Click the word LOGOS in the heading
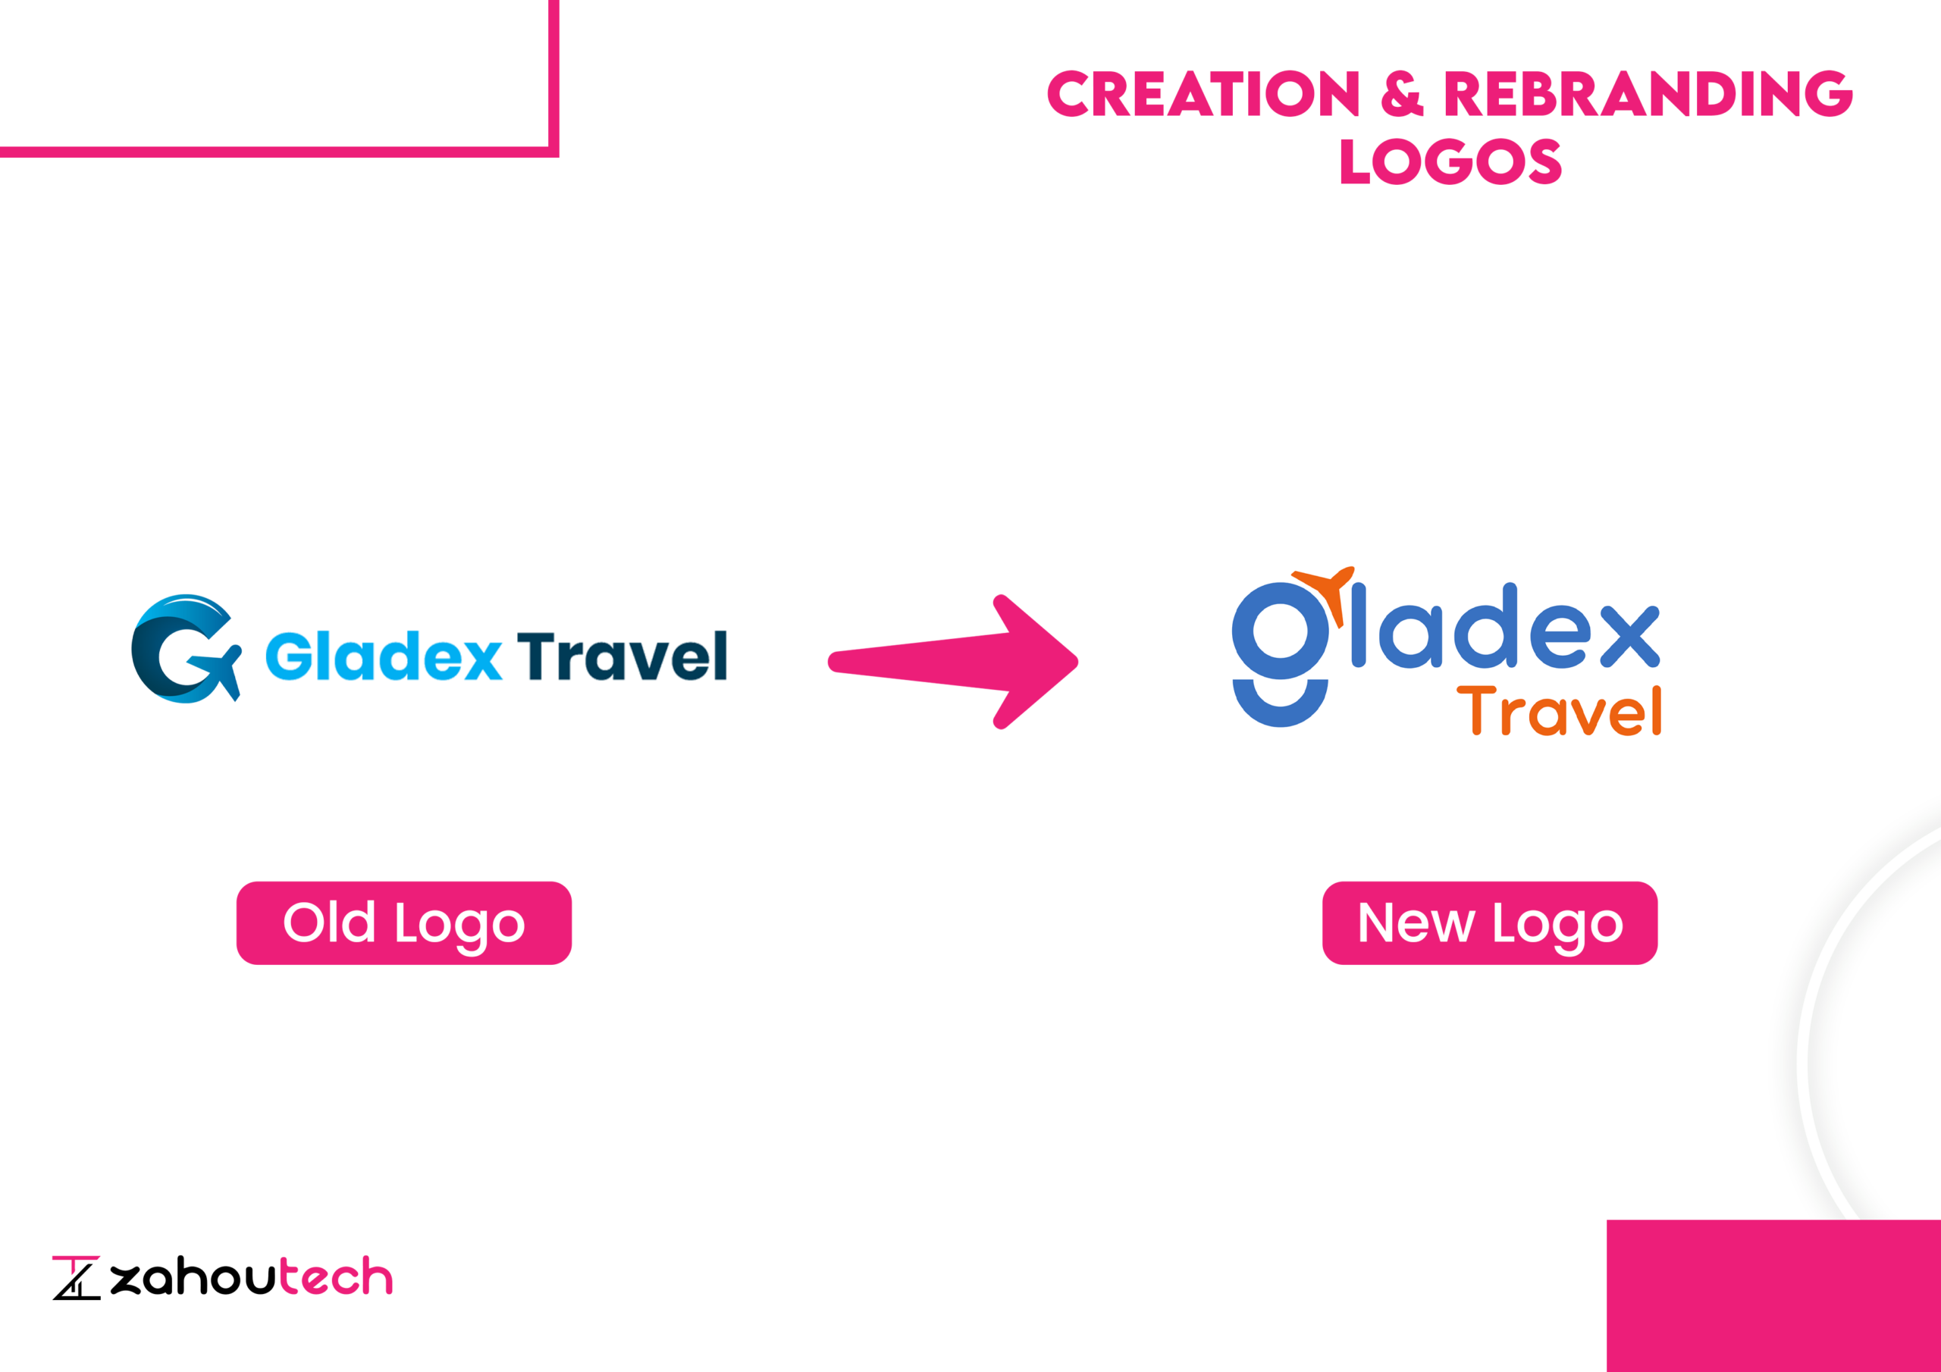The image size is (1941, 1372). [1450, 161]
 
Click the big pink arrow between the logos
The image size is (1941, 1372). [953, 661]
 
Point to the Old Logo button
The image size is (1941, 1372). [404, 923]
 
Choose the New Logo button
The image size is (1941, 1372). [1490, 923]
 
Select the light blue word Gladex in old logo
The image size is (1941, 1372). [384, 656]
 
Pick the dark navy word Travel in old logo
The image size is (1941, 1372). [622, 656]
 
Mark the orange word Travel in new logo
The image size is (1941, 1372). [1559, 710]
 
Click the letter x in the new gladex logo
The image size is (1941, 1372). [1630, 637]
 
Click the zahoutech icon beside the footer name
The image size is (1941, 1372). [76, 1277]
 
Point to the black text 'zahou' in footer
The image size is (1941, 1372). [193, 1276]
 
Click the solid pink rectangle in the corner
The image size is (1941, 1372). [1773, 1296]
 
